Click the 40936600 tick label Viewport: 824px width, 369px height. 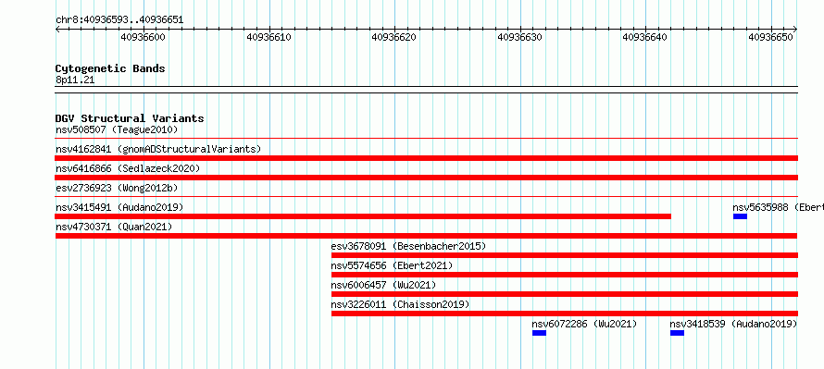point(143,37)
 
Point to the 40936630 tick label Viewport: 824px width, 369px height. point(519,37)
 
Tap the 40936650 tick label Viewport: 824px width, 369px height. point(771,37)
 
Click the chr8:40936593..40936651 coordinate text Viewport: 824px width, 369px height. point(119,20)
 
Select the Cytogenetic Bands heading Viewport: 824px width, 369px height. point(110,68)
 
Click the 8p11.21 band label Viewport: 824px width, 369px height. point(75,80)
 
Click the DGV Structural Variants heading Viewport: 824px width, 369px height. point(130,118)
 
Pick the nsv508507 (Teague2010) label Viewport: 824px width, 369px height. point(117,129)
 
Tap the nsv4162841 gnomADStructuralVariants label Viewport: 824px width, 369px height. point(158,149)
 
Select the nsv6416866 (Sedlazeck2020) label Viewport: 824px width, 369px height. point(128,168)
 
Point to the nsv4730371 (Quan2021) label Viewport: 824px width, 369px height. point(114,227)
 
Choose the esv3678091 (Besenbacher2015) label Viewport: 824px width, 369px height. point(409,246)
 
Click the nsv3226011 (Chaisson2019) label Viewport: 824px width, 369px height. point(401,304)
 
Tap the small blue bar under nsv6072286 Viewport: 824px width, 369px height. point(539,333)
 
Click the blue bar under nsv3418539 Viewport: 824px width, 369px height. point(678,333)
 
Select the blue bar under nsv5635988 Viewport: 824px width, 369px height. point(740,216)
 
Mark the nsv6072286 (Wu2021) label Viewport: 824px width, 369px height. point(584,324)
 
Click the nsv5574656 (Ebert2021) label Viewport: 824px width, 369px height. point(392,265)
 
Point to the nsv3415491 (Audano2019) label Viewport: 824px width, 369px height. point(119,207)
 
